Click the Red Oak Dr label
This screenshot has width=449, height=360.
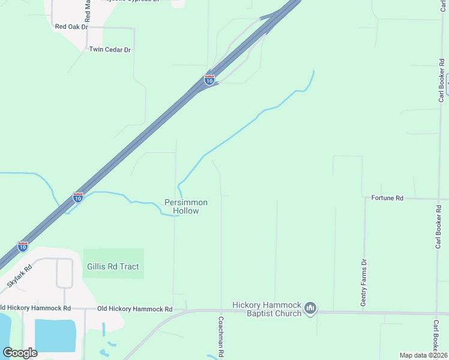pyautogui.click(x=71, y=27)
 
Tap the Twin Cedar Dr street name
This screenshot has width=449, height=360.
pyautogui.click(x=110, y=50)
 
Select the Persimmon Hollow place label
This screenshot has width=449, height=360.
pyautogui.click(x=186, y=206)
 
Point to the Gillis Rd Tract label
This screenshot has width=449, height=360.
pyautogui.click(x=113, y=266)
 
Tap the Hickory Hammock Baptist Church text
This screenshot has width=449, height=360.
pyautogui.click(x=261, y=309)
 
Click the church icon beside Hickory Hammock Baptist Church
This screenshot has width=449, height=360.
pyautogui.click(x=310, y=308)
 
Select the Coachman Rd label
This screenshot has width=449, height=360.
pyautogui.click(x=221, y=337)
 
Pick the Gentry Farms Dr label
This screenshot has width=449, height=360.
pyautogui.click(x=363, y=283)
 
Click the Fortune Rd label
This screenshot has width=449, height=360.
pyautogui.click(x=387, y=197)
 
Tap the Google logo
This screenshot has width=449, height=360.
pyautogui.click(x=20, y=352)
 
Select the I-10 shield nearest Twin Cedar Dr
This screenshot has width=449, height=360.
pyautogui.click(x=209, y=80)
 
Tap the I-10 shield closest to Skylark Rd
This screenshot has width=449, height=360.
pyautogui.click(x=22, y=246)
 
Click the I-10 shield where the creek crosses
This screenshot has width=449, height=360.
pyautogui.click(x=78, y=197)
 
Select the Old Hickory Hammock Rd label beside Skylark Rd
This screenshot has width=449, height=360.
pyautogui.click(x=35, y=308)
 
